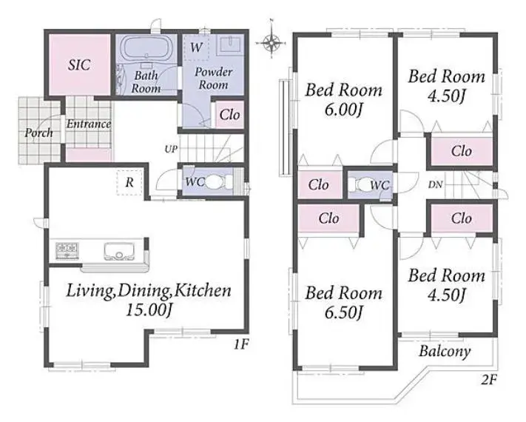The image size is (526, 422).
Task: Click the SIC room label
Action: click(x=79, y=65)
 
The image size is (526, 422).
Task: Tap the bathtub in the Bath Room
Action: click(x=146, y=48)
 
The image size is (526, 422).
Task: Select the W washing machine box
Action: click(x=196, y=47)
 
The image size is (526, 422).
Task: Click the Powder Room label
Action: click(x=213, y=78)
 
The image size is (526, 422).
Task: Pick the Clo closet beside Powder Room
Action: click(x=229, y=115)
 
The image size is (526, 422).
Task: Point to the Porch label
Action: click(x=38, y=133)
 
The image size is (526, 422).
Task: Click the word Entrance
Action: click(x=89, y=124)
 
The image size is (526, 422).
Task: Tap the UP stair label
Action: click(x=171, y=149)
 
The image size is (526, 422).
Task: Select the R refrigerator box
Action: click(x=129, y=183)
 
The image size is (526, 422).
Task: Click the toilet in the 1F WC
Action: click(x=218, y=182)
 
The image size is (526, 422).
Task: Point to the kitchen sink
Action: click(x=119, y=252)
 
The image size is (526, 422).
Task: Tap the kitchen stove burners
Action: click(x=67, y=250)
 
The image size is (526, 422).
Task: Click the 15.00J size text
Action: click(x=149, y=310)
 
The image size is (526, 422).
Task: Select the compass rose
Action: click(x=271, y=42)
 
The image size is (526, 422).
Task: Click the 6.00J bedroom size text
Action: click(x=343, y=110)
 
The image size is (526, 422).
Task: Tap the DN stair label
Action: click(x=435, y=184)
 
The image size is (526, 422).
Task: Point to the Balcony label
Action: click(x=445, y=352)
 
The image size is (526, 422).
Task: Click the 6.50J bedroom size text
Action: click(x=343, y=312)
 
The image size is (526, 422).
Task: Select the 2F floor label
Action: click(x=489, y=380)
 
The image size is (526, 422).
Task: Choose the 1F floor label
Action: click(x=241, y=344)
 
